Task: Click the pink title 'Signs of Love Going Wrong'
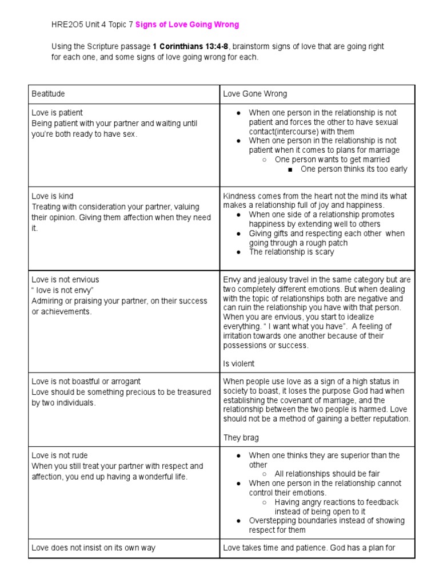coord(187,25)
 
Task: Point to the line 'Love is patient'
coord(57,113)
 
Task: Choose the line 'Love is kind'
coord(53,196)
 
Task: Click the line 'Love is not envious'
coord(65,279)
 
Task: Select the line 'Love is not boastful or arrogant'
coord(86,381)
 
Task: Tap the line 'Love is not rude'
coord(59,456)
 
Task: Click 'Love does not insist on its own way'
coord(93,548)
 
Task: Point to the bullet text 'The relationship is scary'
coord(292,252)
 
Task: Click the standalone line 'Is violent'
coord(239,363)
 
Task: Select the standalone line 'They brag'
coord(241,438)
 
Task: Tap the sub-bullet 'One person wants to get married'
coord(332,159)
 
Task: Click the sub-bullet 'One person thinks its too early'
coord(354,169)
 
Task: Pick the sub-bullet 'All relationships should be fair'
coord(327,474)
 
